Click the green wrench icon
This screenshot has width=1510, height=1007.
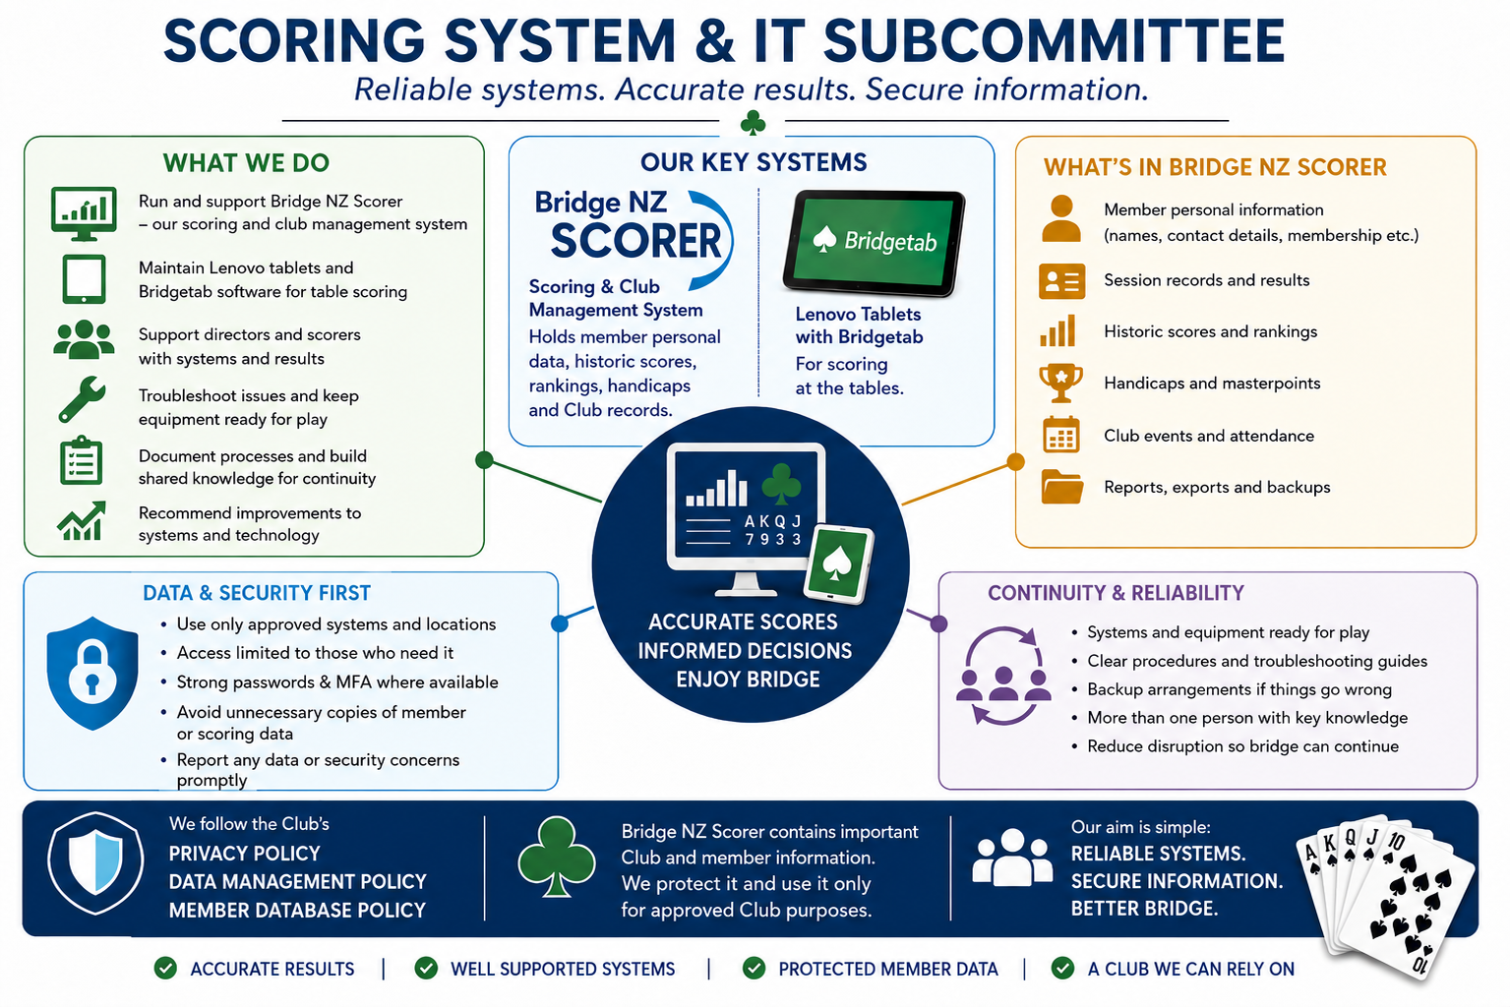(82, 399)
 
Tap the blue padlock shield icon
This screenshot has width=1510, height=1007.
(92, 673)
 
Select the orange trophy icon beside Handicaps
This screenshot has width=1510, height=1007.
(1061, 383)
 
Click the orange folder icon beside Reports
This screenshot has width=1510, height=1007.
(1061, 487)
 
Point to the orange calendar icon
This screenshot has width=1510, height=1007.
(1061, 435)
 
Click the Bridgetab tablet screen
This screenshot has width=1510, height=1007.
(875, 242)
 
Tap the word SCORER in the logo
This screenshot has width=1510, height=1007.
(635, 241)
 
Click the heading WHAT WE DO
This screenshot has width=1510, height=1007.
(246, 162)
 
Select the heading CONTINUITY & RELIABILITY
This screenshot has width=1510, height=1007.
(1116, 592)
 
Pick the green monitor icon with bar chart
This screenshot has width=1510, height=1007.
(84, 213)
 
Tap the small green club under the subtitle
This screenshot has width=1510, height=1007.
(753, 122)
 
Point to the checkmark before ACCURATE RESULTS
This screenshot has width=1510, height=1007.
(165, 968)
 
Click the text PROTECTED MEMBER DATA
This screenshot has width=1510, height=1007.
(887, 969)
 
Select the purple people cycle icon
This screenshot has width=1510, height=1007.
(1003, 676)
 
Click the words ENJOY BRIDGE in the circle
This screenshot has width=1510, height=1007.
(748, 679)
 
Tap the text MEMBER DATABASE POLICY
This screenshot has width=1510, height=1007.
(297, 910)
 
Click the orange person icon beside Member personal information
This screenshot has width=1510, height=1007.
(1061, 218)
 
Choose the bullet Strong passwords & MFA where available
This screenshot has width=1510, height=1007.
(337, 682)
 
